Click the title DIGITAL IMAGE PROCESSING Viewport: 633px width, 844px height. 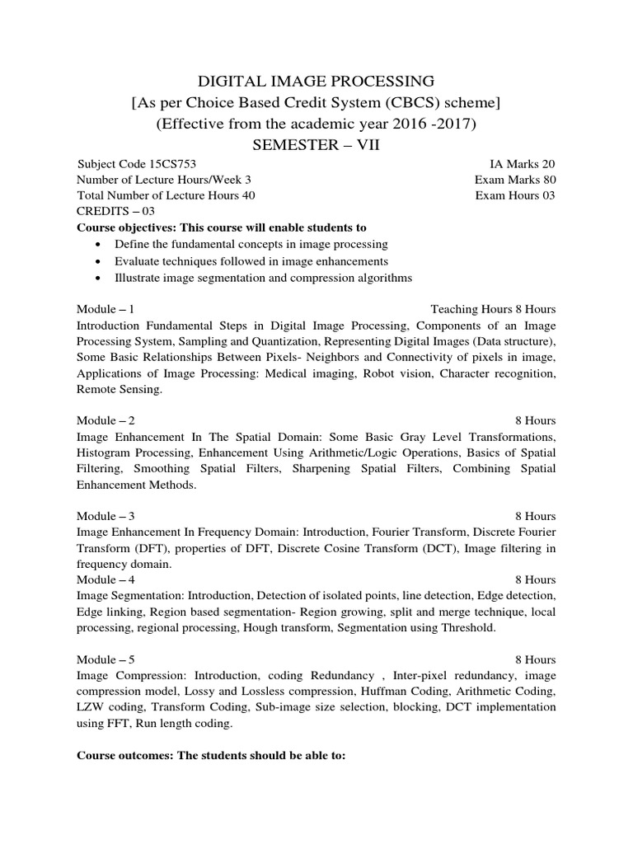coord(316,81)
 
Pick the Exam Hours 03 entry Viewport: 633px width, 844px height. coord(515,195)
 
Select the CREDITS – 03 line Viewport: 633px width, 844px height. coord(115,211)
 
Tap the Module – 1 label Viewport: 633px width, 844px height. coord(105,309)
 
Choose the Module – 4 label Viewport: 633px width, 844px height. coord(105,579)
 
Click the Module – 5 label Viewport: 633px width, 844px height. coord(105,659)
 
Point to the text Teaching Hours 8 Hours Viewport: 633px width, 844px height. coord(493,309)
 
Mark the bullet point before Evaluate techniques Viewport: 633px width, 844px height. coord(99,261)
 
